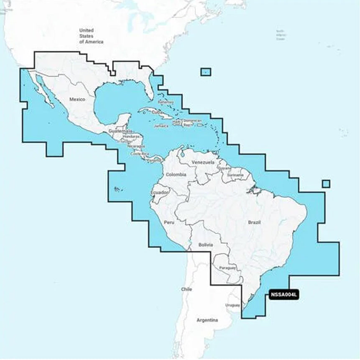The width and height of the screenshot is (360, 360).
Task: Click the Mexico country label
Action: click(x=77, y=100)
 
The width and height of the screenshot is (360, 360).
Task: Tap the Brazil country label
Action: click(x=254, y=222)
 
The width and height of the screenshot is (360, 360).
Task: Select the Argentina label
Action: click(x=207, y=320)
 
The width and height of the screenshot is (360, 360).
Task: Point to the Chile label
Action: click(x=186, y=289)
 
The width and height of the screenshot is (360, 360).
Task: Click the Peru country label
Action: click(x=169, y=222)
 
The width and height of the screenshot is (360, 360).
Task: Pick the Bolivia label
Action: click(x=206, y=245)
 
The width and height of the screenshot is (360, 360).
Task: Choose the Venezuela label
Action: click(x=203, y=162)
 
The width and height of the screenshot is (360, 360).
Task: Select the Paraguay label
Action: click(x=227, y=268)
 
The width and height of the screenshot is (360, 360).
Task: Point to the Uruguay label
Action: click(x=232, y=305)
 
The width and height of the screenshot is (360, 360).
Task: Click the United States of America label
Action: click(x=87, y=36)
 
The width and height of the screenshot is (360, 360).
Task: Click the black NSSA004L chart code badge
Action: click(x=284, y=295)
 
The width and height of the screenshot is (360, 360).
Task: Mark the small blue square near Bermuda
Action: click(x=206, y=72)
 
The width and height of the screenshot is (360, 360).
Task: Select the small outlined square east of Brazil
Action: click(x=326, y=184)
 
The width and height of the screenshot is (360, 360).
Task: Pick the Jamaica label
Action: click(x=161, y=125)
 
